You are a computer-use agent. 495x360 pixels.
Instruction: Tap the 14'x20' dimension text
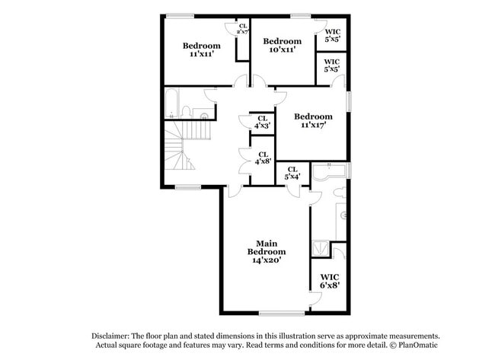click(x=267, y=260)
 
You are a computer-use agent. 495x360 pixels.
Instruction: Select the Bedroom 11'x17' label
click(x=313, y=120)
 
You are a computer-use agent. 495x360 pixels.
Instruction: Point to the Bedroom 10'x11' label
click(x=283, y=45)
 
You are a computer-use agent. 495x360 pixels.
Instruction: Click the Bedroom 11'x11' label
click(x=201, y=49)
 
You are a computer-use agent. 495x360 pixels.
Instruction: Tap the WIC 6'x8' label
click(x=330, y=282)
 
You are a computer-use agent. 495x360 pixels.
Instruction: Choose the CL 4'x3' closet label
click(x=262, y=122)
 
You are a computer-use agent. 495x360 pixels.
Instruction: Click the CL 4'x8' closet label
click(x=263, y=158)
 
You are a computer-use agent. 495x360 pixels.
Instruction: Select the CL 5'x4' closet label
click(x=292, y=174)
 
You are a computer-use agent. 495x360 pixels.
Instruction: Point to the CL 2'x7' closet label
click(x=243, y=29)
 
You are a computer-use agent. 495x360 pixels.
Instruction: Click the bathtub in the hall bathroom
click(x=172, y=104)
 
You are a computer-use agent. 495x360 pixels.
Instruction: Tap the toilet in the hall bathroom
click(x=187, y=113)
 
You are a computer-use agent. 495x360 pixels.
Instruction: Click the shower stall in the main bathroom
click(x=321, y=249)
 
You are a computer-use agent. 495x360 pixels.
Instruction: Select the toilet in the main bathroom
click(x=340, y=192)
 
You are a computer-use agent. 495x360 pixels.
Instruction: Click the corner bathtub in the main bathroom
click(x=329, y=171)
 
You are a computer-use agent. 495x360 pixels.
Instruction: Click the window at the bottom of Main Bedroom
click(x=282, y=314)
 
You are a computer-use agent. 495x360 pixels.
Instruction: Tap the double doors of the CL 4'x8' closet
click(x=244, y=161)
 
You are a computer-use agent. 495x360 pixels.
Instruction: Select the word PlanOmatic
click(x=418, y=345)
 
